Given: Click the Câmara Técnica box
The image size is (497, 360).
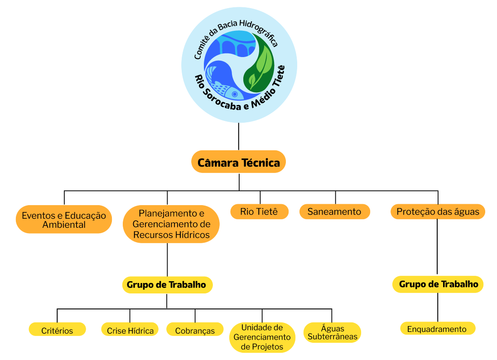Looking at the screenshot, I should pyautogui.click(x=238, y=162).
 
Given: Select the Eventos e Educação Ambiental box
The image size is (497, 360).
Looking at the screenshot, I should pyautogui.click(x=64, y=220).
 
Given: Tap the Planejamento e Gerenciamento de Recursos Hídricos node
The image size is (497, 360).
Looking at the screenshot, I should pyautogui.click(x=171, y=224).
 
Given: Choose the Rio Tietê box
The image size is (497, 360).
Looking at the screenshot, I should pyautogui.click(x=260, y=211).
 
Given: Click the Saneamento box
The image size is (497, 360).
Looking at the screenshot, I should pyautogui.click(x=334, y=211).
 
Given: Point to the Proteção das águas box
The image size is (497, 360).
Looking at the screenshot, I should pyautogui.click(x=438, y=211).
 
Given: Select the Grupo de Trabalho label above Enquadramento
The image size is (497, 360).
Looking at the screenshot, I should pyautogui.click(x=438, y=284).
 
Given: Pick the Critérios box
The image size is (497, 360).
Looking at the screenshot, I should pyautogui.click(x=57, y=330).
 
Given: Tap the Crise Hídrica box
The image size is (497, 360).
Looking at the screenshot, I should pyautogui.click(x=130, y=330).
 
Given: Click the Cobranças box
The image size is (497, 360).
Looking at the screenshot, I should pyautogui.click(x=195, y=330).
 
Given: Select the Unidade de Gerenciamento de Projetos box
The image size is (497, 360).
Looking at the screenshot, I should pyautogui.click(x=262, y=337).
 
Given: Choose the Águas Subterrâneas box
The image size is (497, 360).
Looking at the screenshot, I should pyautogui.click(x=332, y=332).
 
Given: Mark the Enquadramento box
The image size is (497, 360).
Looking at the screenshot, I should pyautogui.click(x=437, y=329).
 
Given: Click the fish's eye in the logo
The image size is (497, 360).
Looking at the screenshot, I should pyautogui.click(x=235, y=94).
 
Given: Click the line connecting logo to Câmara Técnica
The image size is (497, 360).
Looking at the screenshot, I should pyautogui.click(x=239, y=137).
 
